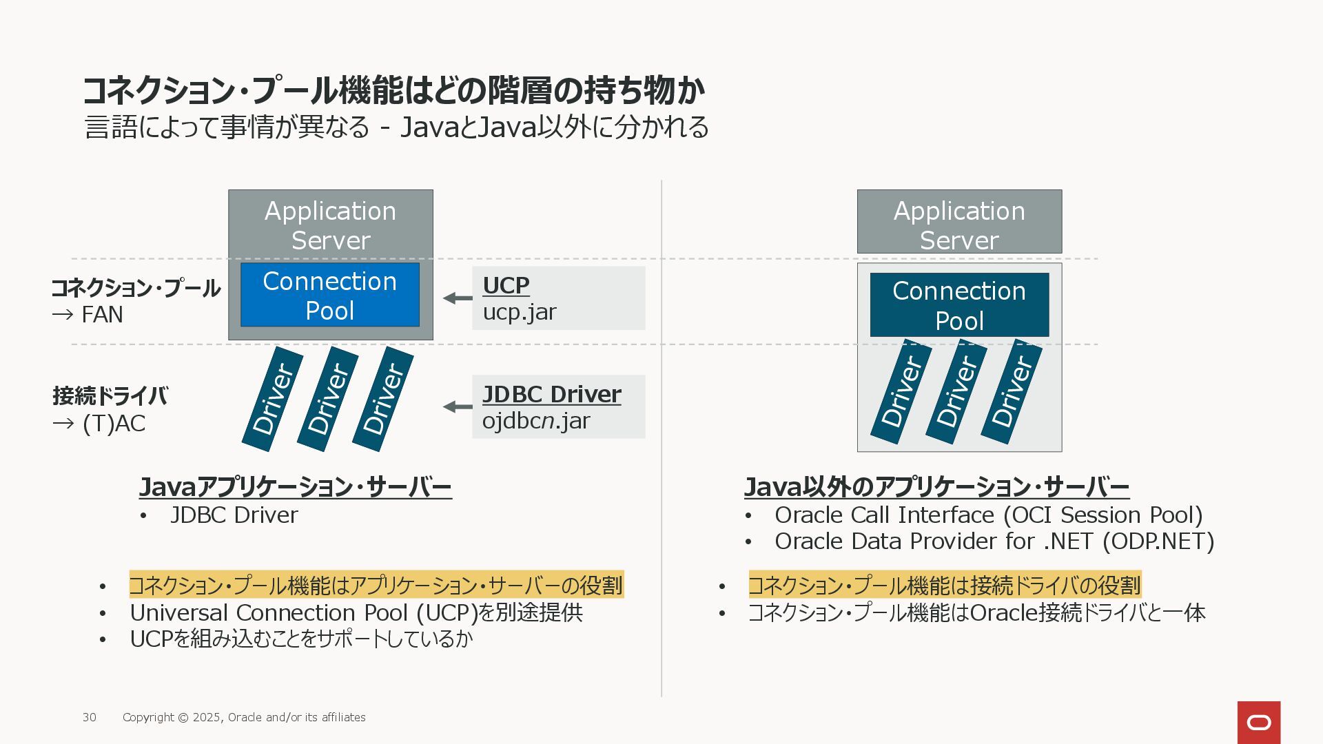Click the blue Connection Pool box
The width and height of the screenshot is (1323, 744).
[x=330, y=295]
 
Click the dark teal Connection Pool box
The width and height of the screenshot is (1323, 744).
[x=959, y=304]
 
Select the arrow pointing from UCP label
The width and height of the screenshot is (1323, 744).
[x=458, y=298]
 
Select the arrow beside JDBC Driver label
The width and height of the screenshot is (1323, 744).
[x=458, y=406]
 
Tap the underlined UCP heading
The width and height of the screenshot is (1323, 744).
[x=506, y=285]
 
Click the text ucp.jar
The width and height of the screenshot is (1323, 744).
[x=519, y=312]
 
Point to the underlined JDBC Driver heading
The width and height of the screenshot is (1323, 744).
[x=551, y=394]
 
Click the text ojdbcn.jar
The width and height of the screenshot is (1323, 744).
[x=536, y=421]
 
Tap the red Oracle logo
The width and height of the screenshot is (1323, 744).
[x=1259, y=723]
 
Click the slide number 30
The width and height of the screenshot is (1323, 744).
[x=90, y=717]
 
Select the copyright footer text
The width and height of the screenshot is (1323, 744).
[x=244, y=717]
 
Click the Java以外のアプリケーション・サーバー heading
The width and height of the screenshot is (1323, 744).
[x=936, y=487]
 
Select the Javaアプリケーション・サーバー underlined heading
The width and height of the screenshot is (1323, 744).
[x=296, y=487]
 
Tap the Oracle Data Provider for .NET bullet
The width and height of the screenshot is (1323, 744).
[x=994, y=541]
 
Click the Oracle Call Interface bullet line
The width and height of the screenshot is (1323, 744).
[x=989, y=515]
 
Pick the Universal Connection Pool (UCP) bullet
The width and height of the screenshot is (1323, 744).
[x=356, y=612]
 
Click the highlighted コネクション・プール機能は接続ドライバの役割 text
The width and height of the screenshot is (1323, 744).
[x=945, y=585]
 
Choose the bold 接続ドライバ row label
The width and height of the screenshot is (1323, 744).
[x=110, y=396]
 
